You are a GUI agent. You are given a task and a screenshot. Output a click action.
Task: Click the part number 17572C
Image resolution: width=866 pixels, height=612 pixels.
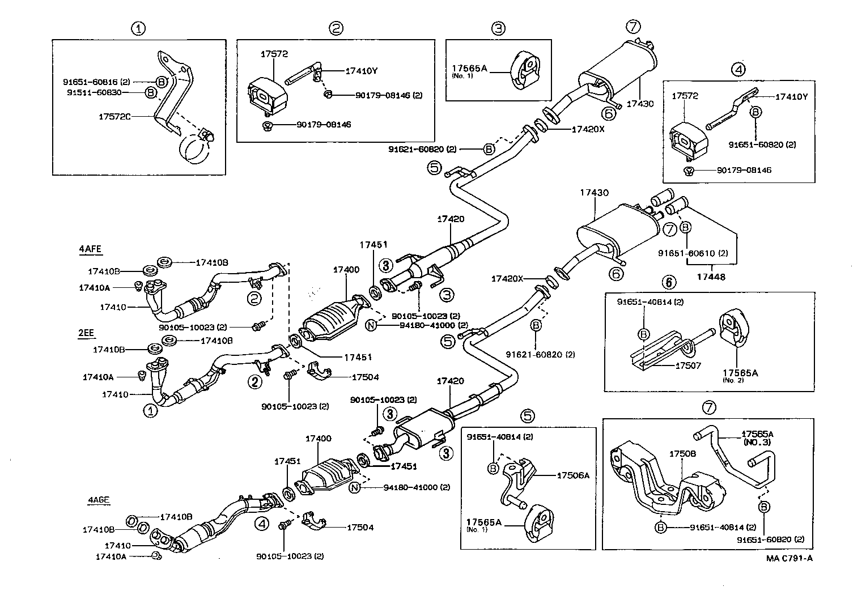click(114, 116)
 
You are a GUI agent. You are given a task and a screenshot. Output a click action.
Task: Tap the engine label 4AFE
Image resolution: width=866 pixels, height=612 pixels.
click(91, 248)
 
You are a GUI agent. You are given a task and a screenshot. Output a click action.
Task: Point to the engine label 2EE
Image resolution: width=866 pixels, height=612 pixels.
click(86, 333)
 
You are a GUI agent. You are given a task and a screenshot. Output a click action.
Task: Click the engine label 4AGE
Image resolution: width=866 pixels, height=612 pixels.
click(99, 500)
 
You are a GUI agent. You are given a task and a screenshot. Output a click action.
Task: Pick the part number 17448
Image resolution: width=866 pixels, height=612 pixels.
click(711, 277)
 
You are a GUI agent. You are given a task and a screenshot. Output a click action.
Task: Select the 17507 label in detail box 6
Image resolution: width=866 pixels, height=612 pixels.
click(688, 365)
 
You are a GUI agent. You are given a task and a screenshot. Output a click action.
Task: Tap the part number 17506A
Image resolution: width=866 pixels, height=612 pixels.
click(573, 475)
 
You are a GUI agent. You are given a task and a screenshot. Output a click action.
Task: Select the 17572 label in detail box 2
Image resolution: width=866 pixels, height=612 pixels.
click(274, 54)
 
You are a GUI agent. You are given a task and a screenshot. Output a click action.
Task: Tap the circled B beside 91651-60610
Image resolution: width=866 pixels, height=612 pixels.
click(685, 227)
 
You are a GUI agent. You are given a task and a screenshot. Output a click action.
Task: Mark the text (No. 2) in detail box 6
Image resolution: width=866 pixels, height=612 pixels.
click(733, 380)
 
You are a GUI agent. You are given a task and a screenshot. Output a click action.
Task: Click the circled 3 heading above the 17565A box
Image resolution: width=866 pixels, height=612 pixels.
click(498, 28)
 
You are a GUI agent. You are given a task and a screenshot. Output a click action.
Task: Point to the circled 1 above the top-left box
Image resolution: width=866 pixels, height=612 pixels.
click(138, 28)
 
